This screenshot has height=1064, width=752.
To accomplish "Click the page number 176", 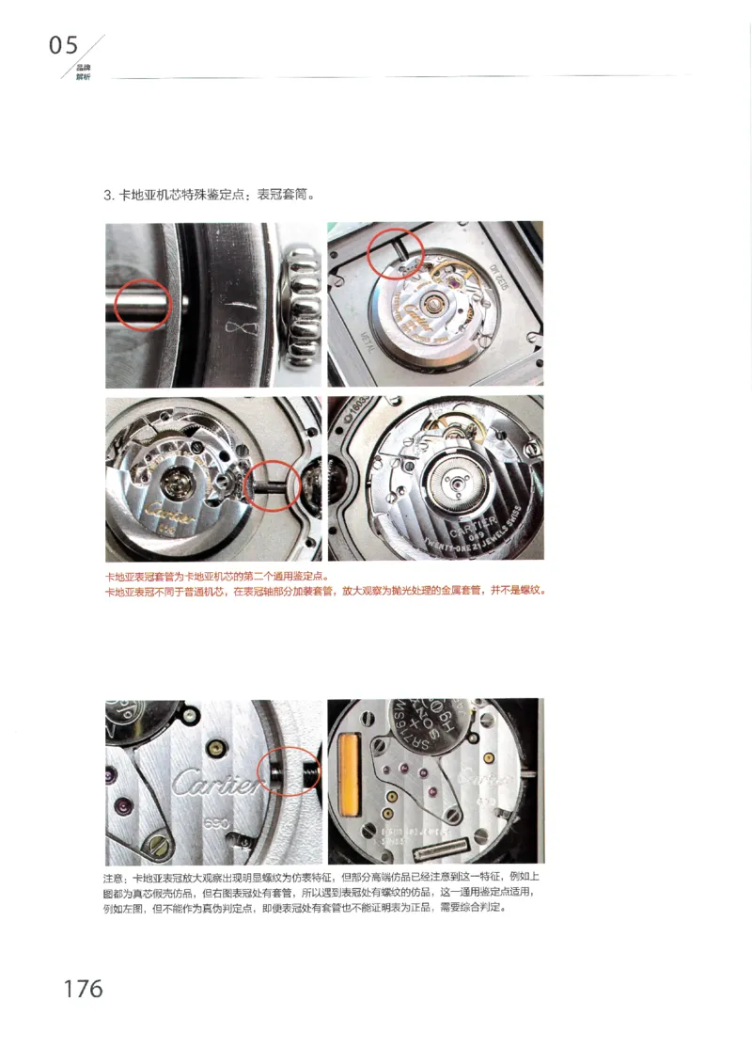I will (x=83, y=989).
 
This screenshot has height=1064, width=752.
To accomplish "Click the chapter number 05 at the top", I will (x=64, y=45).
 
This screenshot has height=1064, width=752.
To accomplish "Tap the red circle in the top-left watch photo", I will (x=141, y=305).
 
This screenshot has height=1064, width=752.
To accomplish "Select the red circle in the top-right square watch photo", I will (x=396, y=253).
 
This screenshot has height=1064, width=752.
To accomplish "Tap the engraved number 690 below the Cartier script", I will (x=217, y=821).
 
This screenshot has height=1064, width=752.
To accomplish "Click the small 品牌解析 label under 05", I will (x=83, y=72).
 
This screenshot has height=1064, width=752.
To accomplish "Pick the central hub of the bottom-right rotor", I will (x=453, y=484).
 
